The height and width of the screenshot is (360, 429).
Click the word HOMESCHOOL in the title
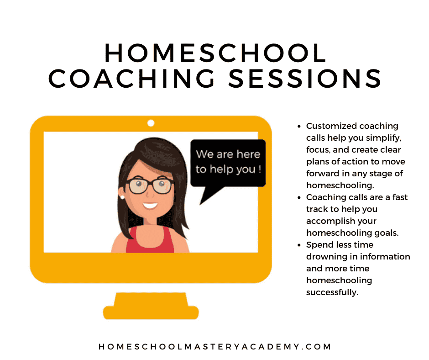click(215, 53)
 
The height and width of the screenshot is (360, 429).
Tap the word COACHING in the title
click(131, 79)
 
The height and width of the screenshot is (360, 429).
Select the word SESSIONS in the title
click(304, 79)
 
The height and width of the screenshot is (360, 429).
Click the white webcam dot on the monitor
click(151, 123)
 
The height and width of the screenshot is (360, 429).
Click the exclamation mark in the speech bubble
click(260, 169)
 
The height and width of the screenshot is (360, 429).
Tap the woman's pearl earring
click(122, 197)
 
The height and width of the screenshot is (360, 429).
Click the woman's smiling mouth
click(150, 206)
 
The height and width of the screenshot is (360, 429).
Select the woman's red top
click(150, 239)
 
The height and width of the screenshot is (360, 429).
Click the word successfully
click(332, 292)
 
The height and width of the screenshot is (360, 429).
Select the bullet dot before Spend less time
click(299, 245)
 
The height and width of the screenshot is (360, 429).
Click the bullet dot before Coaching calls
click(299, 197)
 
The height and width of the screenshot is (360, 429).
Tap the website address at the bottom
click(215, 347)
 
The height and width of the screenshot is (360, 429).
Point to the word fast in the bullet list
click(400, 197)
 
